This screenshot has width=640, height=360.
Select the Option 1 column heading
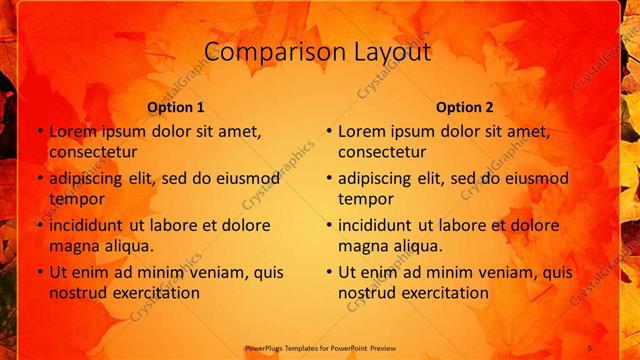[176, 107]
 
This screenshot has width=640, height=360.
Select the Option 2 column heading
[465, 107]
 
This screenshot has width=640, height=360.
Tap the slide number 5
[590, 348]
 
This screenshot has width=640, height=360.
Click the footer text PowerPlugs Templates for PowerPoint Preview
[320, 348]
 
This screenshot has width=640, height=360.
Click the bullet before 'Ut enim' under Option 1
[40, 272]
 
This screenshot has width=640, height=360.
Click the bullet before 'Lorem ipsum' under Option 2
[329, 131]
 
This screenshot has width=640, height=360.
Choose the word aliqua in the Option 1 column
[126, 246]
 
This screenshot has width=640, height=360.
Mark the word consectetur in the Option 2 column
[381, 152]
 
